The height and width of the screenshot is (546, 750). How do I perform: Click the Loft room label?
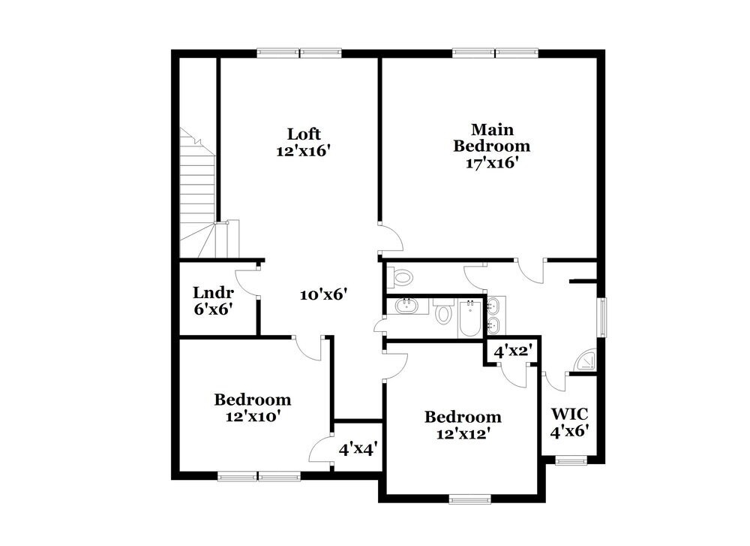click(304, 134)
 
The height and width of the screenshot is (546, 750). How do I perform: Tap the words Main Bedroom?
click(491, 137)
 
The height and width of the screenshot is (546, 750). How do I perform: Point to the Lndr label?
click(213, 292)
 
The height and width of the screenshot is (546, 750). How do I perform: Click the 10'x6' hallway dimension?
click(323, 294)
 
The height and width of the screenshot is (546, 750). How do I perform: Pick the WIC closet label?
click(569, 414)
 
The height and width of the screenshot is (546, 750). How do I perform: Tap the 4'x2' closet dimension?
click(512, 350)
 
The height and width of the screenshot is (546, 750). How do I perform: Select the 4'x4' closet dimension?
click(357, 449)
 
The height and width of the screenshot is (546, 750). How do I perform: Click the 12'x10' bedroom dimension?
click(253, 416)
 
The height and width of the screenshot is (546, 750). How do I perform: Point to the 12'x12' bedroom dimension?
click(463, 433)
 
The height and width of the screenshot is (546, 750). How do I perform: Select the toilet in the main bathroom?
click(403, 277)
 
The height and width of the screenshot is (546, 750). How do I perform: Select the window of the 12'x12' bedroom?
click(469, 497)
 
